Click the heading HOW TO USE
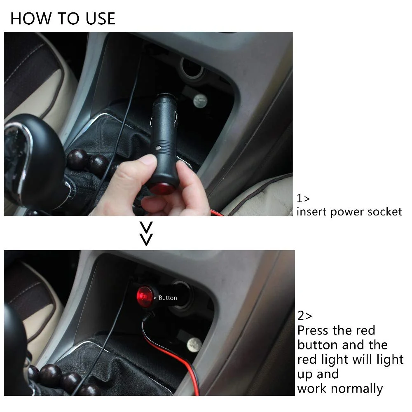(63, 19)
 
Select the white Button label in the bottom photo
(168, 298)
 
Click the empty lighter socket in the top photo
(192, 69)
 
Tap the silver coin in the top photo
(200, 101)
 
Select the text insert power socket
(349, 212)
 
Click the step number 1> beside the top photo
(303, 199)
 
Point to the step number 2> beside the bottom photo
(304, 316)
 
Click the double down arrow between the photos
(146, 234)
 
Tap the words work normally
(340, 389)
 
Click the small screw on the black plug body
(158, 148)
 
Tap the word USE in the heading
(101, 19)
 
